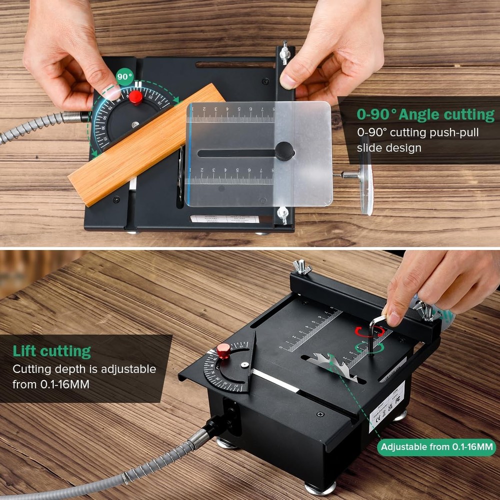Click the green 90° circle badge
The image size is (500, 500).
[124, 78]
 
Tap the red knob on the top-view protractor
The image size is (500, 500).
[135, 97]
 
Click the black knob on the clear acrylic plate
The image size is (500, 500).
[284, 150]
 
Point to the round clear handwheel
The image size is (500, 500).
[366, 175]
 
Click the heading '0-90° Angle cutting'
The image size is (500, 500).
[425, 114]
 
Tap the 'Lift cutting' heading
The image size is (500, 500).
[52, 350]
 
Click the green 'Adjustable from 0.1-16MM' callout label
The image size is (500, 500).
[437, 446]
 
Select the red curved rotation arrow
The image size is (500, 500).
[369, 331]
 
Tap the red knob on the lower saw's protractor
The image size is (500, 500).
[223, 350]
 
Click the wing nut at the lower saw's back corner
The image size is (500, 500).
[302, 267]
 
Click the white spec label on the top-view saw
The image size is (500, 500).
[224, 219]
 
